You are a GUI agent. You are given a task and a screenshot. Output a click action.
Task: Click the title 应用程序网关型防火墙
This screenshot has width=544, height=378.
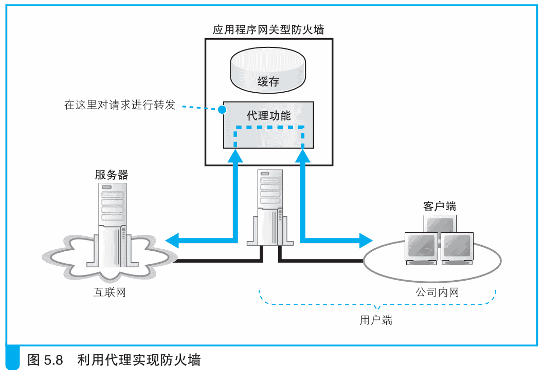point(268,29)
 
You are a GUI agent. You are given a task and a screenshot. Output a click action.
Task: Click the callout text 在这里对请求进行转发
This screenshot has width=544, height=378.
point(120,105)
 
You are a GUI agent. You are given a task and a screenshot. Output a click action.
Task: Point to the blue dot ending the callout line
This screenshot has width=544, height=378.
point(222,110)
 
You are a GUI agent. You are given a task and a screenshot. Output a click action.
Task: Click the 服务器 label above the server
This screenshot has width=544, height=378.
point(111,175)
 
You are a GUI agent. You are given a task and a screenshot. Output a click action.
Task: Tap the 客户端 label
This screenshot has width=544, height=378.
point(440,207)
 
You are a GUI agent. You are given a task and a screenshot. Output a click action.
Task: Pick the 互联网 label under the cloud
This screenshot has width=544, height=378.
point(110,293)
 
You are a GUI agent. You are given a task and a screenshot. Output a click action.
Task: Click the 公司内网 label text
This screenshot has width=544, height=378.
point(437,293)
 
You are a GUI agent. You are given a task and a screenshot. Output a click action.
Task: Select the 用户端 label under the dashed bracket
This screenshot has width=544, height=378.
point(376,320)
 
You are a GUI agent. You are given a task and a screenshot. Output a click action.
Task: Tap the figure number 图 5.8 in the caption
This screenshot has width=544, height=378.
point(45,359)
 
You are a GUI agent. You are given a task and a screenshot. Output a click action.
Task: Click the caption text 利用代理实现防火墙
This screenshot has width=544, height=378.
point(139,359)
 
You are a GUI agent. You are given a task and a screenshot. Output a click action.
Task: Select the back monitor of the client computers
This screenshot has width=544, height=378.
point(440,222)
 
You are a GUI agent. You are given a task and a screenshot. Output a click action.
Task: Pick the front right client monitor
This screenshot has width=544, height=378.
point(457,247)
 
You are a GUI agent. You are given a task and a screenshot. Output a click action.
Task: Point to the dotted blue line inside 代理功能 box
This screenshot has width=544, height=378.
point(269,127)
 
